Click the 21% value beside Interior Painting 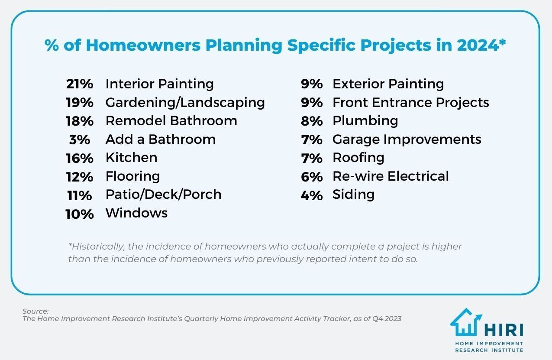[x=80, y=84]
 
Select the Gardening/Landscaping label [x=185, y=103]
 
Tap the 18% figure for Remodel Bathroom [x=80, y=121]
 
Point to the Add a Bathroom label [x=160, y=139]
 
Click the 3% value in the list [x=80, y=140]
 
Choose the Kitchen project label [x=131, y=158]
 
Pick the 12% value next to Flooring [x=80, y=177]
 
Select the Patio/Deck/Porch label [x=163, y=195]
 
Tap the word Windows [x=136, y=213]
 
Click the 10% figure [x=80, y=214]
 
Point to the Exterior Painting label [x=388, y=84]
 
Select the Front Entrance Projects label [x=410, y=103]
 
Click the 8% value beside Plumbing [x=312, y=121]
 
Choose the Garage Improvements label [x=407, y=139]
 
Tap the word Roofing [x=358, y=158]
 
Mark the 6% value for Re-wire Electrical [x=312, y=177]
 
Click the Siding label [x=353, y=195]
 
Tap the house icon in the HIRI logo [x=466, y=323]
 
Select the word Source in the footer [x=35, y=311]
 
